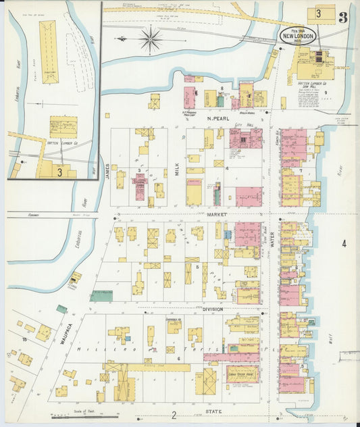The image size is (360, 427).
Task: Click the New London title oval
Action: tap(298, 35)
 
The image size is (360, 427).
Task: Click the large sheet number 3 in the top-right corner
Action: tap(343, 18)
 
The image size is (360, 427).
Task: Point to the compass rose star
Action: tap(150, 39)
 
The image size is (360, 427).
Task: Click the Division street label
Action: tap(212, 309)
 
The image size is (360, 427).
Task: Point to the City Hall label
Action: tap(242, 126)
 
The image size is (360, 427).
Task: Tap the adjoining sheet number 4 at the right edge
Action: tap(344, 244)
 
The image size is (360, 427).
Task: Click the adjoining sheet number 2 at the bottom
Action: tap(174, 415)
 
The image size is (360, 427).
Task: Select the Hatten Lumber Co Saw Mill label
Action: tap(312, 86)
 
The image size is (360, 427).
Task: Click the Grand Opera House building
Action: tap(242, 374)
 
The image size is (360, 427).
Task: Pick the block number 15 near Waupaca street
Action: tap(24, 338)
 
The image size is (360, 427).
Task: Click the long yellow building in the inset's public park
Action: tap(49, 51)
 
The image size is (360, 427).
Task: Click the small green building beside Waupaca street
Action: tap(61, 309)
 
